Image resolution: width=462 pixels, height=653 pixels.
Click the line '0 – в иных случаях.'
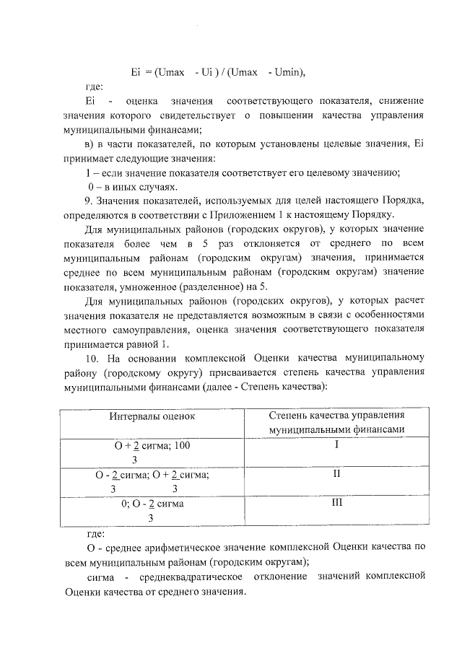(x=131, y=185)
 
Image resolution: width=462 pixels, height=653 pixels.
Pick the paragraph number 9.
(x=89, y=199)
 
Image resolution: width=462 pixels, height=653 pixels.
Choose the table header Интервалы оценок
(x=152, y=416)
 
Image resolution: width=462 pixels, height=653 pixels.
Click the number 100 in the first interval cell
(x=182, y=446)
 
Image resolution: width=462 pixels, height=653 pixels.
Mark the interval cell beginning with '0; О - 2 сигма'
(x=152, y=510)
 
